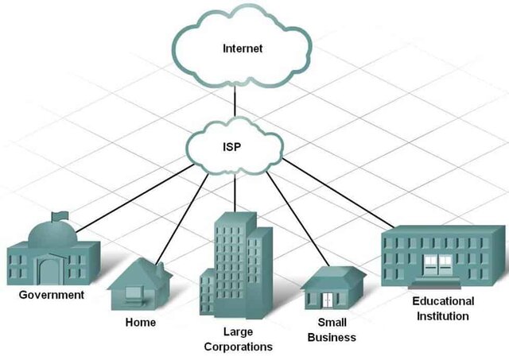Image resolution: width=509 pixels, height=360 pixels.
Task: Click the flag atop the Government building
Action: [x=57, y=215]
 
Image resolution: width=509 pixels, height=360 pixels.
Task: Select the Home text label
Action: [x=141, y=323]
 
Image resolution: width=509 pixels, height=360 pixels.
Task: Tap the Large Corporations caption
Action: [x=238, y=339]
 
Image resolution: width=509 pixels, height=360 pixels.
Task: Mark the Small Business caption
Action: [x=332, y=330]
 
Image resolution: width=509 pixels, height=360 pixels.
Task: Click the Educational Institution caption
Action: [x=443, y=308]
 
